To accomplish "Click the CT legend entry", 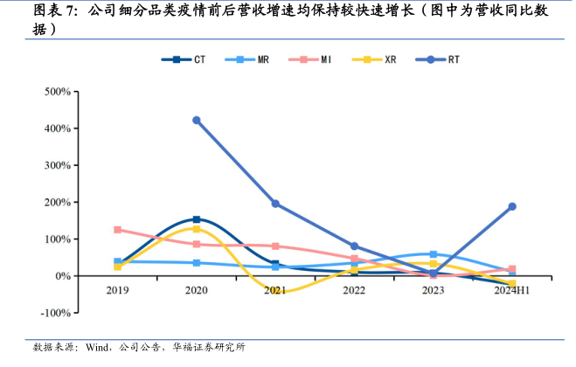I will (185, 59).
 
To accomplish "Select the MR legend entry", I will (248, 59).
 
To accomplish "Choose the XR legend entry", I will (376, 59).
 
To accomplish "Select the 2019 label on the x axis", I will (117, 289).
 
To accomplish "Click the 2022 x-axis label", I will (354, 289).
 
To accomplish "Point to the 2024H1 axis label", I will (511, 289).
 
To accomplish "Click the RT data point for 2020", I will (197, 121).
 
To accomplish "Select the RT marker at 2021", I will (275, 204).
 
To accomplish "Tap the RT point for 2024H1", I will (512, 207).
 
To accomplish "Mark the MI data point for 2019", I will (117, 230).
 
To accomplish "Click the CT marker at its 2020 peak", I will (197, 219).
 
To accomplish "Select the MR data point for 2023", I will (434, 254).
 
